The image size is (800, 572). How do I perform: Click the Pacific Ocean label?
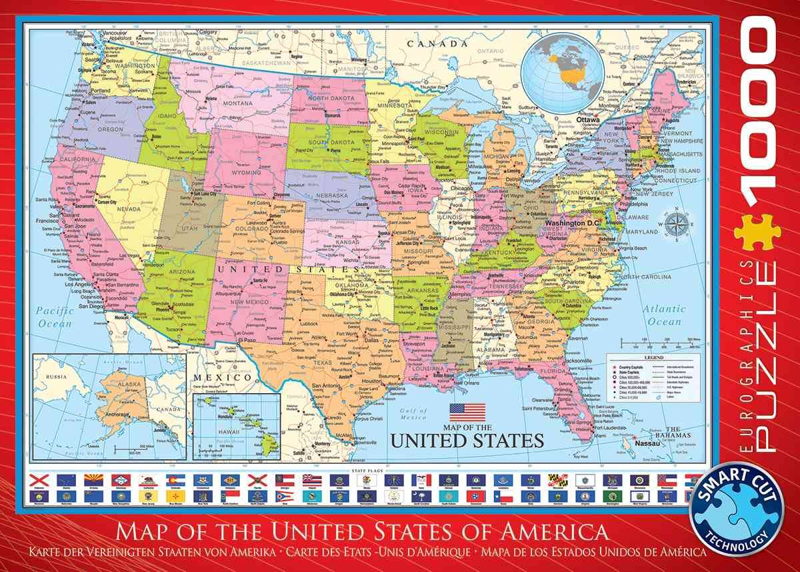(54, 317)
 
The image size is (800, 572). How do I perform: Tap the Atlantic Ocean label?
(664, 315)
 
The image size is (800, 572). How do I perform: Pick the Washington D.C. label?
(573, 222)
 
